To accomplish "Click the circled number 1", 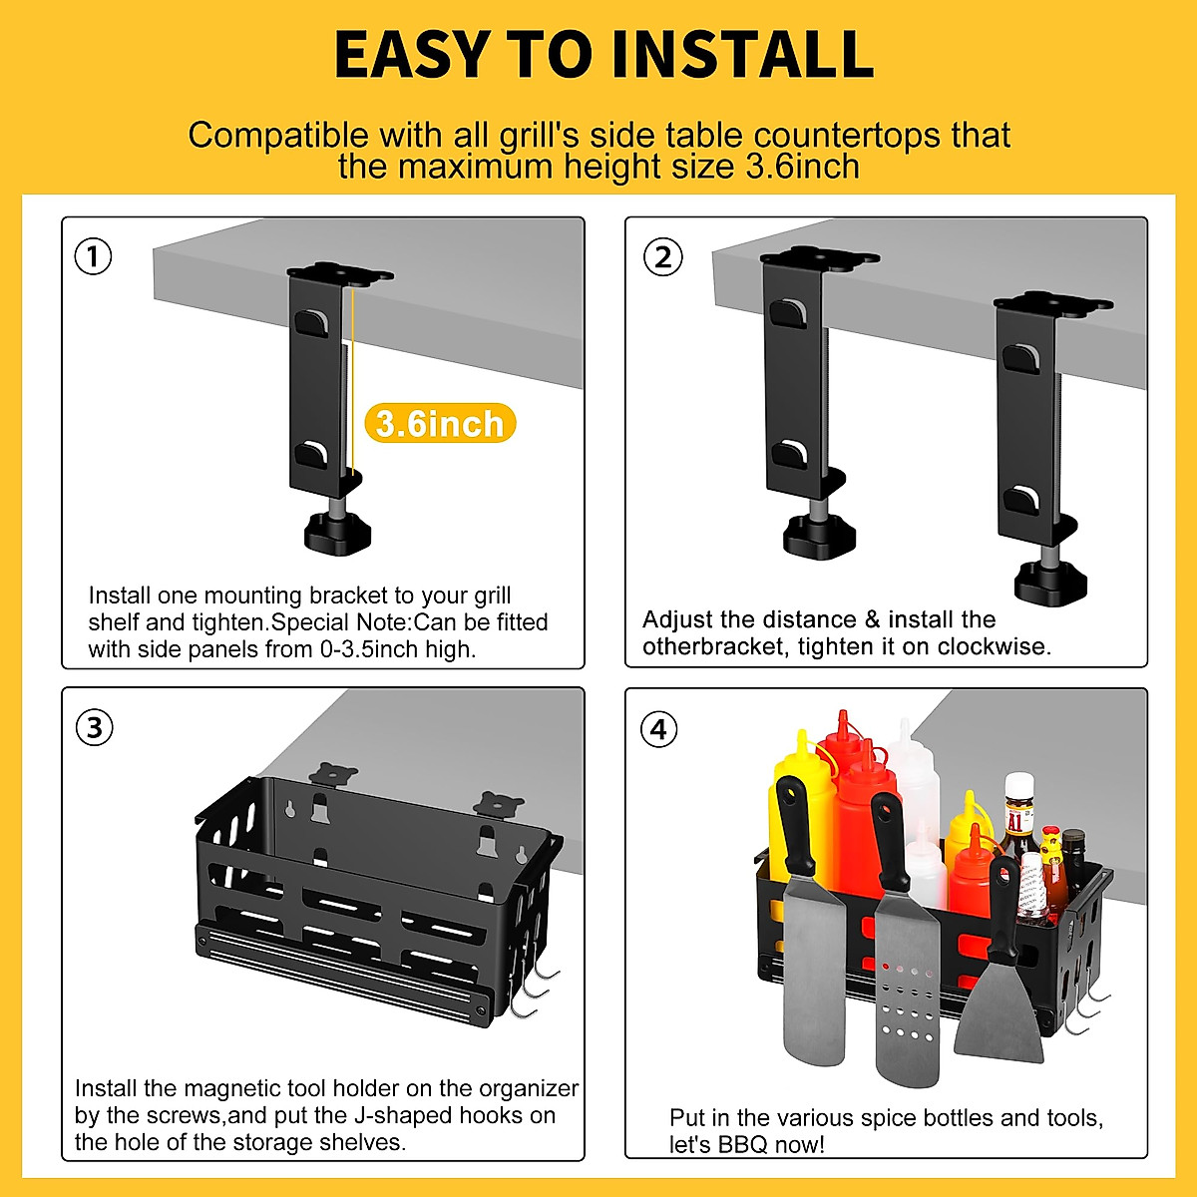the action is pyautogui.click(x=93, y=256).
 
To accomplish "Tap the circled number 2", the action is pyautogui.click(x=662, y=257).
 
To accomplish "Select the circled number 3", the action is pyautogui.click(x=94, y=727).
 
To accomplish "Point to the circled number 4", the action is pyautogui.click(x=659, y=728).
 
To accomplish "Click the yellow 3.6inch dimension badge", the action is pyautogui.click(x=440, y=423).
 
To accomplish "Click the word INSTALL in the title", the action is pyautogui.click(x=743, y=55).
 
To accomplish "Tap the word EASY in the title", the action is pyautogui.click(x=411, y=55).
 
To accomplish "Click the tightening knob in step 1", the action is pyautogui.click(x=338, y=533).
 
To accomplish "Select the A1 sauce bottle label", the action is pyautogui.click(x=1014, y=822).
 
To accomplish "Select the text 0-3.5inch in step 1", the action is pyautogui.click(x=369, y=649).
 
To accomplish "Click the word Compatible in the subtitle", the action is pyautogui.click(x=278, y=135).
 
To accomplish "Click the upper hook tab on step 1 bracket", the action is pyautogui.click(x=310, y=323).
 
